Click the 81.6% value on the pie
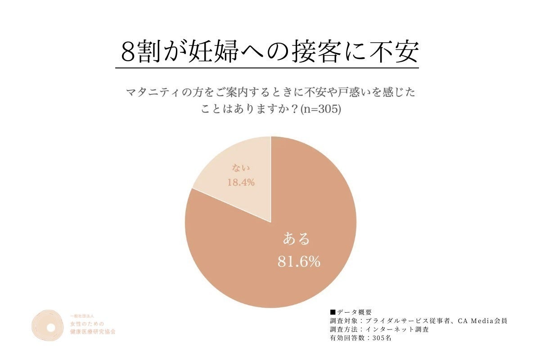pyautogui.click(x=299, y=261)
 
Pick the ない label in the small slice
pyautogui.click(x=240, y=168)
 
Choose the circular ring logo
pyautogui.click(x=47, y=325)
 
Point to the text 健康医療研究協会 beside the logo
pyautogui.click(x=93, y=332)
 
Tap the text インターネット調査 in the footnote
pyautogui.click(x=397, y=329)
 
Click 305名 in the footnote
pyautogui.click(x=382, y=338)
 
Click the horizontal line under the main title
pyautogui.click(x=267, y=68)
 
